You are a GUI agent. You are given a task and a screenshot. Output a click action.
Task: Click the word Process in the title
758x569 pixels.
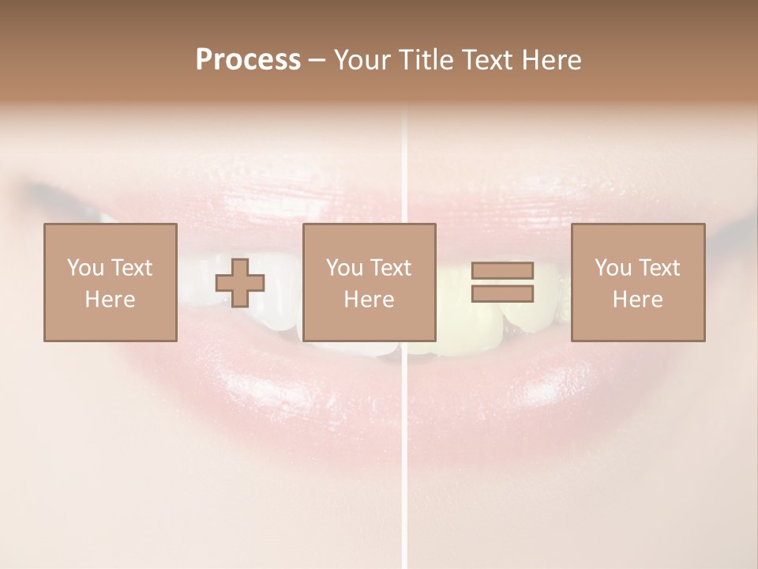pyautogui.click(x=248, y=60)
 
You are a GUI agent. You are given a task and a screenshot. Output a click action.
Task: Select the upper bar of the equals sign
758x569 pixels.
pyautogui.click(x=502, y=271)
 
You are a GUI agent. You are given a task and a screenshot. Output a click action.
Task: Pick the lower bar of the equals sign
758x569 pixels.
pyautogui.click(x=502, y=294)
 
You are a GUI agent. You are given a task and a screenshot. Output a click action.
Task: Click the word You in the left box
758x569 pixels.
pyautogui.click(x=85, y=268)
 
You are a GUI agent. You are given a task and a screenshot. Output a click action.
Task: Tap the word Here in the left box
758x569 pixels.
pyautogui.click(x=110, y=300)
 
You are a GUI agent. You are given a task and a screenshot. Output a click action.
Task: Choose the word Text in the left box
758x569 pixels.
pyautogui.click(x=130, y=268)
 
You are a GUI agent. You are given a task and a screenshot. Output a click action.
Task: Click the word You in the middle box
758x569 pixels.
pyautogui.click(x=344, y=268)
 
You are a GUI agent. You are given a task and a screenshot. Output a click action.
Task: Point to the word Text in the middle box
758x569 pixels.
pyautogui.click(x=390, y=268)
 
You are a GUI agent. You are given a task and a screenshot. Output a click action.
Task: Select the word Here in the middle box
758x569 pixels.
pyautogui.click(x=369, y=300)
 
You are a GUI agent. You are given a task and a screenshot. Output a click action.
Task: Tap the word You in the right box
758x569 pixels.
pyautogui.click(x=613, y=268)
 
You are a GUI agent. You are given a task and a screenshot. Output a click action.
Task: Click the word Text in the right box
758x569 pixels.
pyautogui.click(x=659, y=268)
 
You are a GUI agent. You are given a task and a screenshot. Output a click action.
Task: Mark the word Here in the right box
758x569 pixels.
pyautogui.click(x=637, y=300)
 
